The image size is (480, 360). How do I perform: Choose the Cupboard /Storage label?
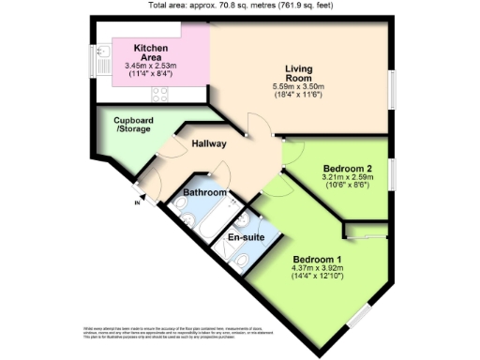[x=133, y=125]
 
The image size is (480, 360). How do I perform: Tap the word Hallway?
[x=208, y=144]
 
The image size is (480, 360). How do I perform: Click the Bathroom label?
[x=204, y=193]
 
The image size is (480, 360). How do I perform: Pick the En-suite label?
[x=246, y=238]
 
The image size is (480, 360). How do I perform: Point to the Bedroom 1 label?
[x=316, y=260]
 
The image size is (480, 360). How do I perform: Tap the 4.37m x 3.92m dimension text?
[x=318, y=270]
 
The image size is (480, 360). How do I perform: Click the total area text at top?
[x=240, y=6]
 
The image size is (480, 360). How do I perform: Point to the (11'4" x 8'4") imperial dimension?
[x=150, y=74]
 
